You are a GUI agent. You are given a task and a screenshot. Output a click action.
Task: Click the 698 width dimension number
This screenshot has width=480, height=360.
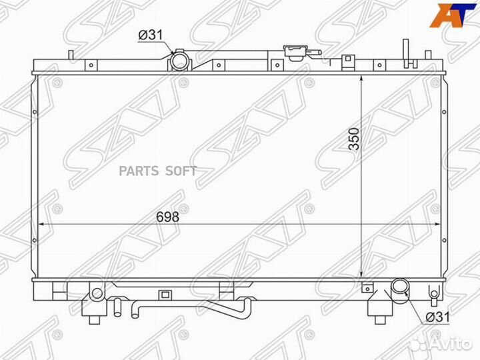(x=167, y=217)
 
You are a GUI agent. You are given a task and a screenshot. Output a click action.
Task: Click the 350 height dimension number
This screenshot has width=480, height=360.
(x=354, y=139)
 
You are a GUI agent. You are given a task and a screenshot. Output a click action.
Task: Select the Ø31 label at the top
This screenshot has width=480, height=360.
(x=150, y=35)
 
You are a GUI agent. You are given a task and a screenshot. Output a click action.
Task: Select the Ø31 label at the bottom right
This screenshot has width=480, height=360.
(x=439, y=317)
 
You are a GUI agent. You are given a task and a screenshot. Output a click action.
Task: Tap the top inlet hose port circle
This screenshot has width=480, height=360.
(x=179, y=61)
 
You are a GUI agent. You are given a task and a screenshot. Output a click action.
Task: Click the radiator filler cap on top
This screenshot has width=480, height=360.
(x=295, y=51)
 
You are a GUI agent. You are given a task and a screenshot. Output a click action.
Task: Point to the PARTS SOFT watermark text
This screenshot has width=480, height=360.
(x=157, y=171)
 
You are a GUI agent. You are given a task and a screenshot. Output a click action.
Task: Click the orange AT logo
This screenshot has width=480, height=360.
(x=453, y=15)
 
